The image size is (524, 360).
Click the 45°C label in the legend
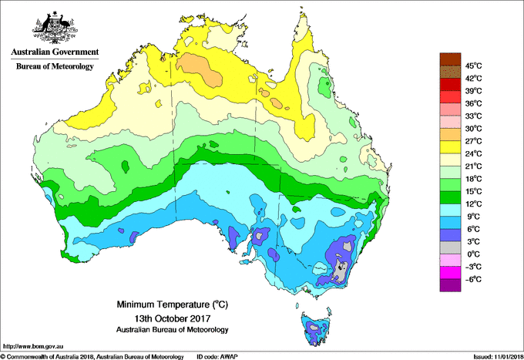(472, 66)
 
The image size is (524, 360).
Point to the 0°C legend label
(471, 254)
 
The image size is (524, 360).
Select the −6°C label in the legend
(472, 279)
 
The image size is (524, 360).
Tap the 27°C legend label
(472, 141)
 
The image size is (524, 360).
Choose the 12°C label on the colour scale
(472, 204)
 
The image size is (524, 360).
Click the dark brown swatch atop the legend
(448, 59)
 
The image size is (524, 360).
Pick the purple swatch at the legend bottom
(448, 285)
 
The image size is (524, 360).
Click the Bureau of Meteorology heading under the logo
(55, 67)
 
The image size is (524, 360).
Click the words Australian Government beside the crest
(55, 52)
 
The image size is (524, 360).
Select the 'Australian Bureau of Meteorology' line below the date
(170, 330)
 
